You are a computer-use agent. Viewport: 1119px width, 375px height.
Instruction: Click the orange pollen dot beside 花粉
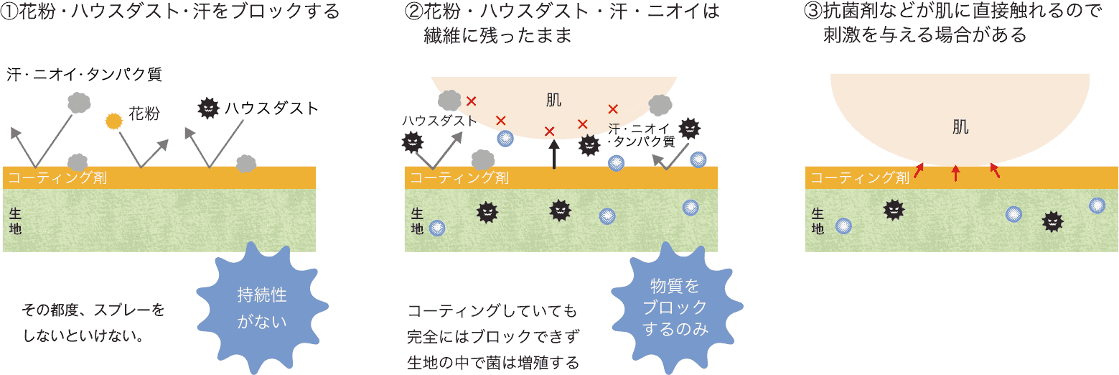(113, 121)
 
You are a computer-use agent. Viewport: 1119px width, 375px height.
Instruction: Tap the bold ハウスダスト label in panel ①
(271, 108)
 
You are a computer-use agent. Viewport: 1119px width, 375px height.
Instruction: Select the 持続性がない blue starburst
(261, 307)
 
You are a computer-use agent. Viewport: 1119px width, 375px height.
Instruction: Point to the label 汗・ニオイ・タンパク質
(85, 74)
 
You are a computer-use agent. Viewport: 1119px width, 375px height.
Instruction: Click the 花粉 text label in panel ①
(144, 114)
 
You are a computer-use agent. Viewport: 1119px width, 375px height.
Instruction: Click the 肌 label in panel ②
(553, 100)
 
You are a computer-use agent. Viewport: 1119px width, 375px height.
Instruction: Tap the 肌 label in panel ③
(960, 127)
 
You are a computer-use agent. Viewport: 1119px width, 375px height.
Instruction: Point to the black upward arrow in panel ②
(553, 154)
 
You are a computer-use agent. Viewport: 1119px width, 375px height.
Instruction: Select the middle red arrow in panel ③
(955, 172)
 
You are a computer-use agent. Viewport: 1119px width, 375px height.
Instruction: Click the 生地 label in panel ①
(15, 221)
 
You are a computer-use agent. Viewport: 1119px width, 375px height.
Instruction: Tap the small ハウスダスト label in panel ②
(439, 121)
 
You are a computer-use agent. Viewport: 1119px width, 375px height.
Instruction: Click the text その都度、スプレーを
(93, 310)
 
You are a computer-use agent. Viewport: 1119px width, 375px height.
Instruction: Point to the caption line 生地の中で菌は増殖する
(492, 362)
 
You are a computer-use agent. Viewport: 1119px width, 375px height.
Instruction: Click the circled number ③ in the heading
(811, 12)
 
